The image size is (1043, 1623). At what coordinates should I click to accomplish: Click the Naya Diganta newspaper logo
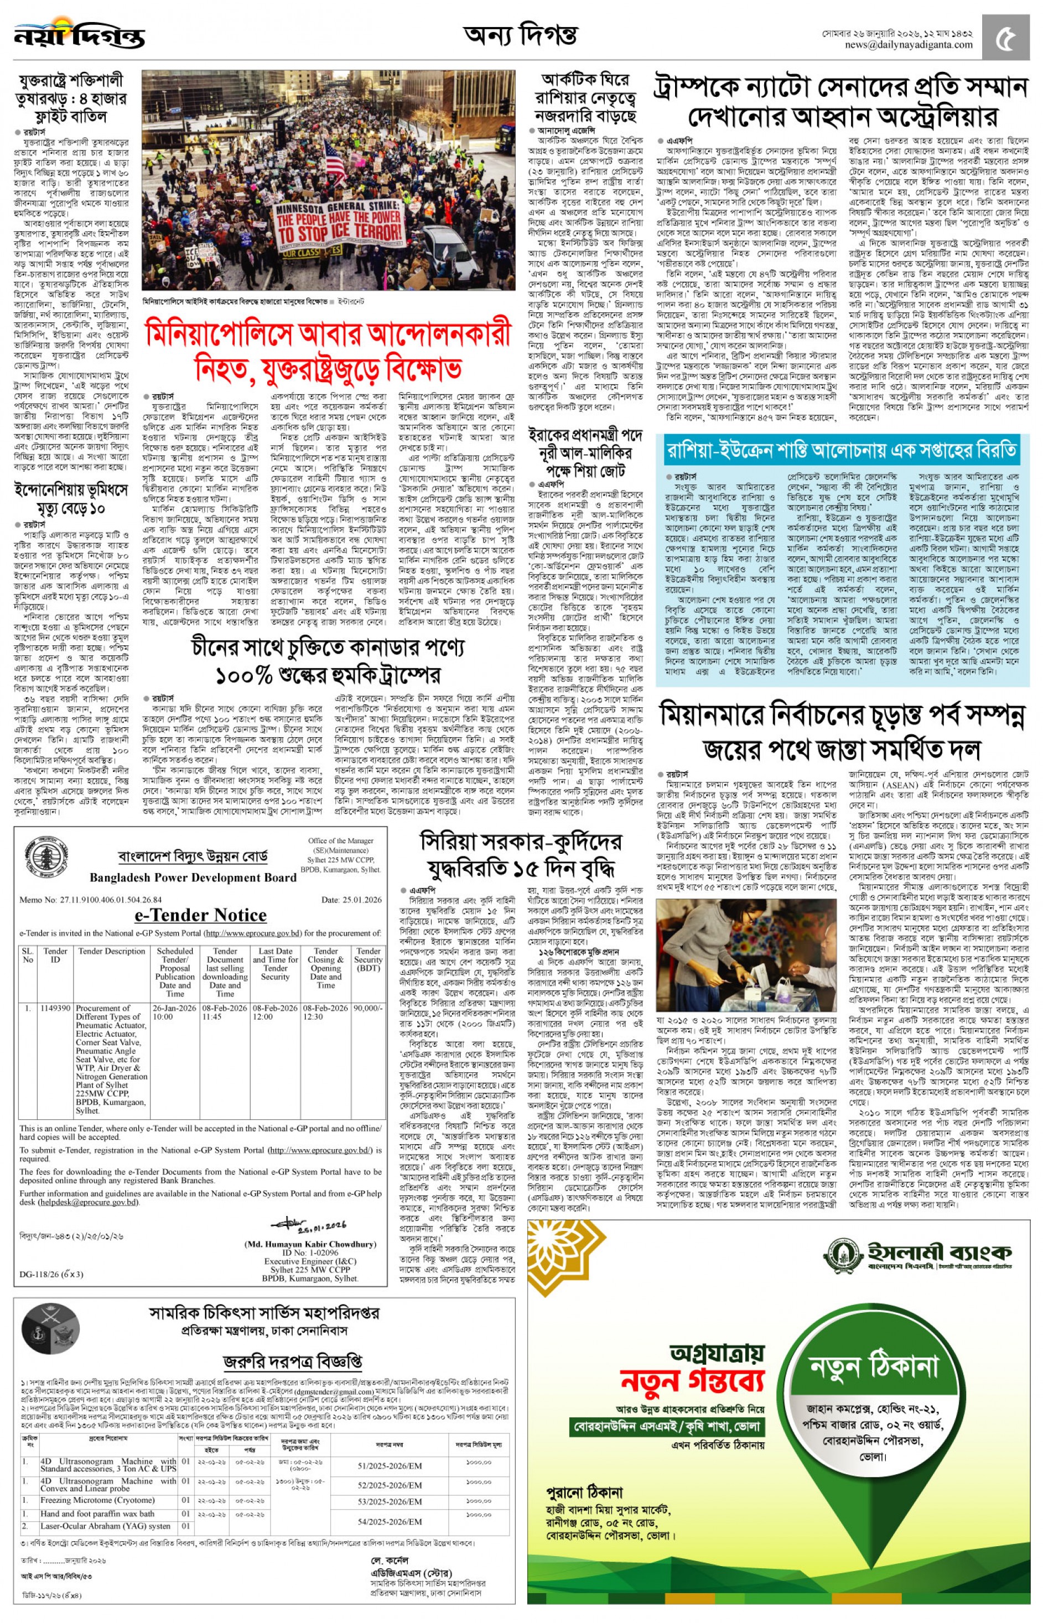pyautogui.click(x=79, y=36)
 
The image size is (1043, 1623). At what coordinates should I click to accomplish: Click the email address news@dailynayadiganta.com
pyautogui.click(x=908, y=45)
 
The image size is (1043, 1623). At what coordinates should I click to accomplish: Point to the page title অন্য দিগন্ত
pyautogui.click(x=520, y=34)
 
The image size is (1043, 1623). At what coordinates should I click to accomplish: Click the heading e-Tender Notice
pyautogui.click(x=200, y=915)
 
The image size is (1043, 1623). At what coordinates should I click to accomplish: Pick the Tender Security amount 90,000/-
pyautogui.click(x=369, y=1008)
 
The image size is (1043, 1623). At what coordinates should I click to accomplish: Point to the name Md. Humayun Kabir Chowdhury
pyautogui.click(x=310, y=1244)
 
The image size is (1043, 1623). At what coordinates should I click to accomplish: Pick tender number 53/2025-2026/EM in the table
pyautogui.click(x=390, y=1501)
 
